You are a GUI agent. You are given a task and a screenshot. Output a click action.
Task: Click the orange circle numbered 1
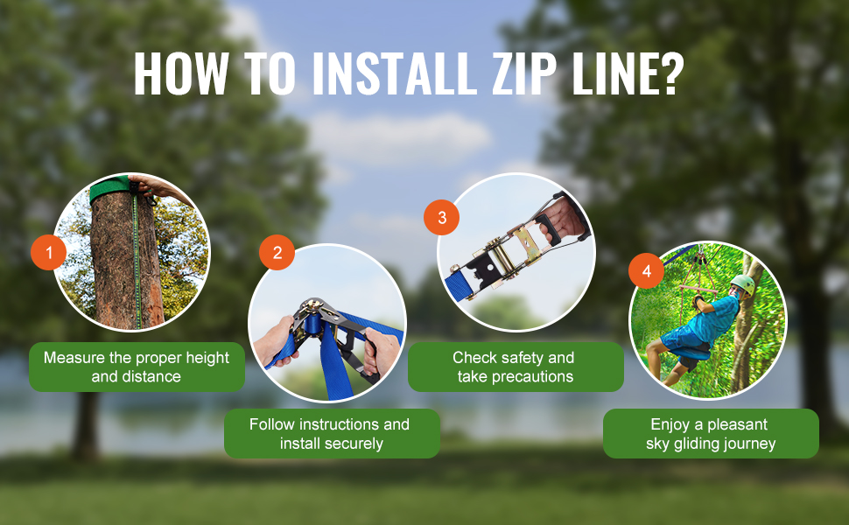(x=49, y=253)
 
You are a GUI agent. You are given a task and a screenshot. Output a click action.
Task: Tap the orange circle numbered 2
(x=277, y=253)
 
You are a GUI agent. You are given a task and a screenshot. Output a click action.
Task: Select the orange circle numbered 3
(x=442, y=218)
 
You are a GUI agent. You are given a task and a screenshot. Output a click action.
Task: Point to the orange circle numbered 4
(x=647, y=272)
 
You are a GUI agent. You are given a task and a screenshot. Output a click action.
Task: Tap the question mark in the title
(x=667, y=74)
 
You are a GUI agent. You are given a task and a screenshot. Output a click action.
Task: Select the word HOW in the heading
(x=178, y=74)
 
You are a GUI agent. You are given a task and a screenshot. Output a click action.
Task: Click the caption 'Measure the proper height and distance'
(x=137, y=367)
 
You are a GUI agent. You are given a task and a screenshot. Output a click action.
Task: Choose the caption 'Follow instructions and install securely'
(x=331, y=434)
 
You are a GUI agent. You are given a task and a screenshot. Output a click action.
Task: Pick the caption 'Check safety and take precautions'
(x=515, y=367)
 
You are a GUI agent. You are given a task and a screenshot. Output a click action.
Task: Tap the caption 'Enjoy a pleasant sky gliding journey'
(x=710, y=434)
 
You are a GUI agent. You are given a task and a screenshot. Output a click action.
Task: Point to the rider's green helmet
(x=742, y=284)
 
